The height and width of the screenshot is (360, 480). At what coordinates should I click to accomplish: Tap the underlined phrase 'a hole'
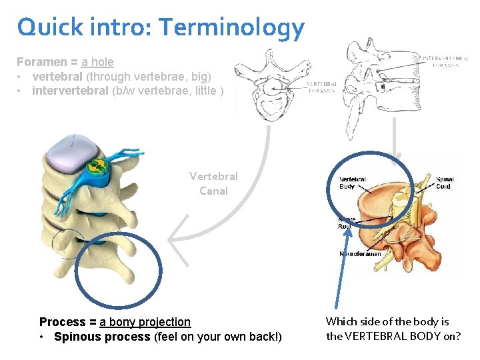click(97, 62)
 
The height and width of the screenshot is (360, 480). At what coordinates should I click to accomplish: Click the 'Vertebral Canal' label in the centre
click(213, 183)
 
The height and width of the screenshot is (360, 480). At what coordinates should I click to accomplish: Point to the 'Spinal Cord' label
click(445, 183)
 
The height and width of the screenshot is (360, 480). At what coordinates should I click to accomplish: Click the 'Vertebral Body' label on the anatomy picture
click(352, 183)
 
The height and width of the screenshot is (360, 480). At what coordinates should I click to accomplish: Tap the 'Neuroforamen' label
click(361, 254)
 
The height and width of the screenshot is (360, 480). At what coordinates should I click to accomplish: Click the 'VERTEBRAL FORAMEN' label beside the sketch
click(323, 87)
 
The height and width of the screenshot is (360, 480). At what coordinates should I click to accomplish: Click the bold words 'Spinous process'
click(101, 337)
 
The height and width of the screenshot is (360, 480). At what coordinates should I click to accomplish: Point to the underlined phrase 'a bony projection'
click(145, 322)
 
